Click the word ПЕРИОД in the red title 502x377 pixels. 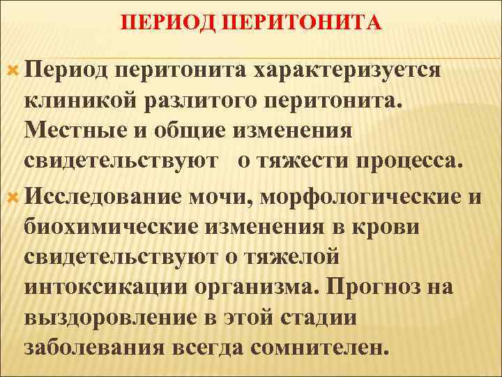[x=158, y=24]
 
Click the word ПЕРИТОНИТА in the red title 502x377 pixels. [x=289, y=24]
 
